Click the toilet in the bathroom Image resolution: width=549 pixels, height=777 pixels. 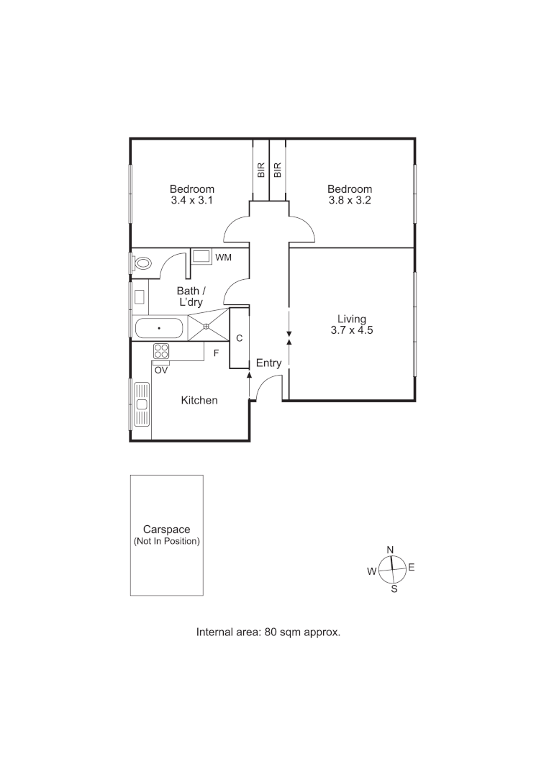(142, 263)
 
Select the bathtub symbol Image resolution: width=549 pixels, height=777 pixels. (159, 329)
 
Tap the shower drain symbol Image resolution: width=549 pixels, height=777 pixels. (206, 327)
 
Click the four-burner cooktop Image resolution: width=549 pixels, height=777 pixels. (161, 351)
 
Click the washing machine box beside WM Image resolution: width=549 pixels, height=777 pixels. (201, 257)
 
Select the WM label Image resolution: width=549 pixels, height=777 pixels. (224, 257)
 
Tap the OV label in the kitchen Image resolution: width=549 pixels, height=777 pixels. (161, 371)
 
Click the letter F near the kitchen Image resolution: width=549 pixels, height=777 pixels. (216, 353)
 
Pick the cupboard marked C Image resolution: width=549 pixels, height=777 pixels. (239, 338)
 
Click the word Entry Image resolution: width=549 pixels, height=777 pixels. (268, 363)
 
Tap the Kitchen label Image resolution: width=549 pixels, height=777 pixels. (199, 400)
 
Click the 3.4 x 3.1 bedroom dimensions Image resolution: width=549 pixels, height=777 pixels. (191, 201)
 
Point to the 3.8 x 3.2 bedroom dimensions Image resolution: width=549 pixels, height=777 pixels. (349, 201)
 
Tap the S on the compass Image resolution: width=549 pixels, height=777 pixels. (394, 589)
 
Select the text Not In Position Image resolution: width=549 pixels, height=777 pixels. (166, 541)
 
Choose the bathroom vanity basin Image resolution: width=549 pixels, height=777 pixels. (140, 296)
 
